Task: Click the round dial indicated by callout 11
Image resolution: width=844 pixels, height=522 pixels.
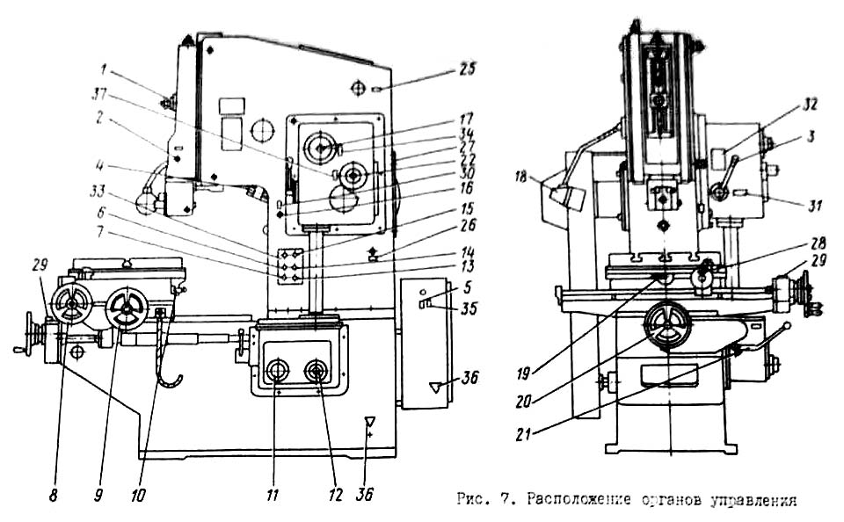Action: [278, 370]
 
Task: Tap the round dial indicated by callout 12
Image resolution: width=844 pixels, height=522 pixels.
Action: [316, 371]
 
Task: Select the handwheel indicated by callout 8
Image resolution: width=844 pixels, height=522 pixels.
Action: [68, 303]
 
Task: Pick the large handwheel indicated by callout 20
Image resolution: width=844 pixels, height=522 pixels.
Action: [666, 328]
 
